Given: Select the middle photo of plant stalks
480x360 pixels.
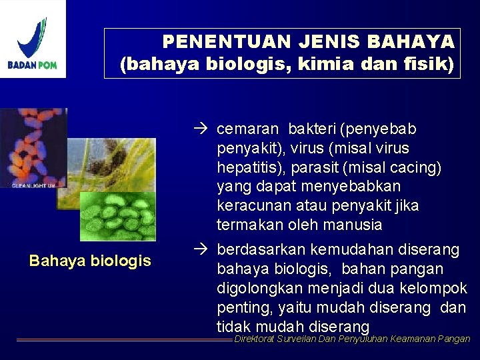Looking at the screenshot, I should pyautogui.click(x=113, y=163).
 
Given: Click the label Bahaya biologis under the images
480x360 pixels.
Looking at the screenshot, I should pyautogui.click(x=90, y=261).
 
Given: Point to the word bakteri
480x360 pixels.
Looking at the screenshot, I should pyautogui.click(x=313, y=129).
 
